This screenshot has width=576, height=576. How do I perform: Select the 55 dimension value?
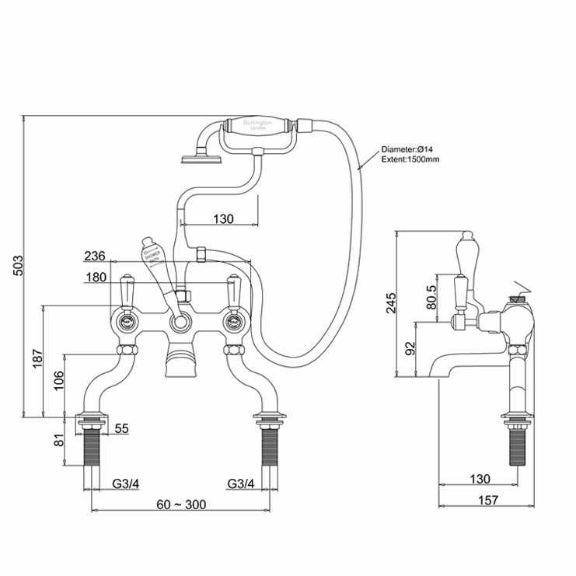(121, 428)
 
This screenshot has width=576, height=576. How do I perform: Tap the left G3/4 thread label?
(125, 483)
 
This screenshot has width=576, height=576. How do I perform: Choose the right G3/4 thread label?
(240, 483)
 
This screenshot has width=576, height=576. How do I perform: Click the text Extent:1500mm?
(410, 159)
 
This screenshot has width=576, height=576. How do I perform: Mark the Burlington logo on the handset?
(256, 127)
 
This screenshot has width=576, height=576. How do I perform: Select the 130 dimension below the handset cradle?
(222, 219)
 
